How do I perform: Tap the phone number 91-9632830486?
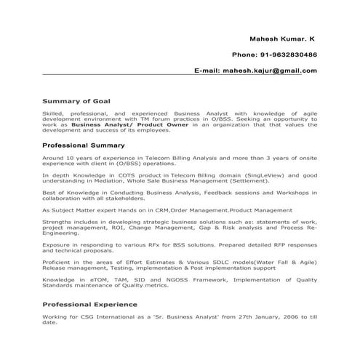click(x=286, y=54)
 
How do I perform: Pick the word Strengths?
click(x=57, y=220)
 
